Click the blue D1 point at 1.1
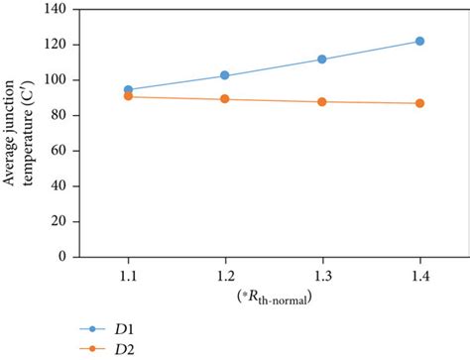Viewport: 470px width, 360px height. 128,90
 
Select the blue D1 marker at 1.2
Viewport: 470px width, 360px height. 225,75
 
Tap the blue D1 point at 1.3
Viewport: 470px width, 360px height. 322,60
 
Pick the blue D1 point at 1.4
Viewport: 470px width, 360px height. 419,42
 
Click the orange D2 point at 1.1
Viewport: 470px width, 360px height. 128,97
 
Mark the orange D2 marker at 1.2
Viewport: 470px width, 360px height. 225,99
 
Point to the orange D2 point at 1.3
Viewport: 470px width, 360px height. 322,102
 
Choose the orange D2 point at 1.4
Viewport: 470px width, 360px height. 419,103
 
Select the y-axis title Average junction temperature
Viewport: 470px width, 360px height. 19,132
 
